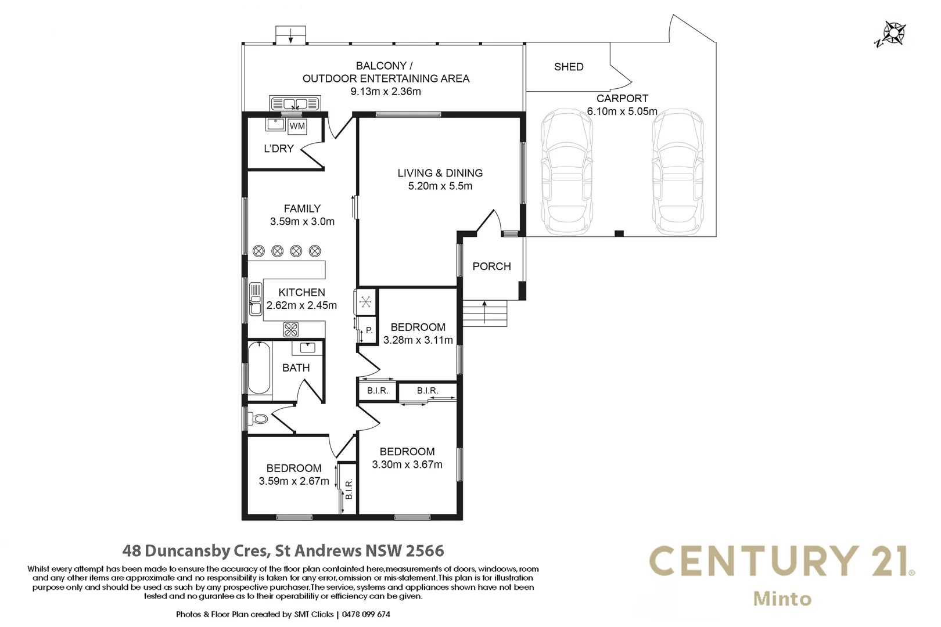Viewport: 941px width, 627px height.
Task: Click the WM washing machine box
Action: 297,126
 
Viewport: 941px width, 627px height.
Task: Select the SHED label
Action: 568,67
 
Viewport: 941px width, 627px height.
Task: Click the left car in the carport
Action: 567,172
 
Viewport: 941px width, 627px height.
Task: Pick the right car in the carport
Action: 677,172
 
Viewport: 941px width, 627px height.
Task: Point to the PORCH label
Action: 491,266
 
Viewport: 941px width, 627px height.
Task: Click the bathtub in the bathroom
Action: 259,368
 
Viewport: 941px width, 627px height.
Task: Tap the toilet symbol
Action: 259,418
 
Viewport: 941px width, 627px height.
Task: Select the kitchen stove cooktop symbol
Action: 290,330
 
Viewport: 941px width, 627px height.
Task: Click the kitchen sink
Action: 256,299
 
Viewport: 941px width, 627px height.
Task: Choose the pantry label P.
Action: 369,330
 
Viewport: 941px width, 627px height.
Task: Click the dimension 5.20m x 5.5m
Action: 440,186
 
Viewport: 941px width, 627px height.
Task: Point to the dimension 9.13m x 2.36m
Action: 385,92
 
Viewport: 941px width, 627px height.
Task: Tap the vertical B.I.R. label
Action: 349,489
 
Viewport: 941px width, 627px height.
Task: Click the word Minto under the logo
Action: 782,599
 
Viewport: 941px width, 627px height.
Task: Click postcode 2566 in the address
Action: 425,550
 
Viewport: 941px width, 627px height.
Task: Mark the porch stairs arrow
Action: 484,311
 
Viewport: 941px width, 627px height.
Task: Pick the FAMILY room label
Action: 302,208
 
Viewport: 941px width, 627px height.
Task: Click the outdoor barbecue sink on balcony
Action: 295,104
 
